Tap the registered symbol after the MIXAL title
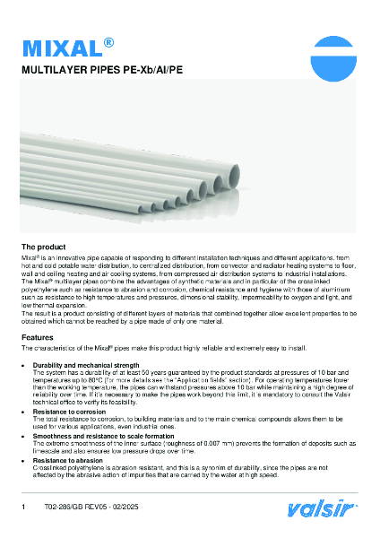(108, 41)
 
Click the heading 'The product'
(42, 246)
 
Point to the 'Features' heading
(38, 337)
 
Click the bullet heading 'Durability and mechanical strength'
(86, 366)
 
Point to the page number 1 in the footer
(23, 508)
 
